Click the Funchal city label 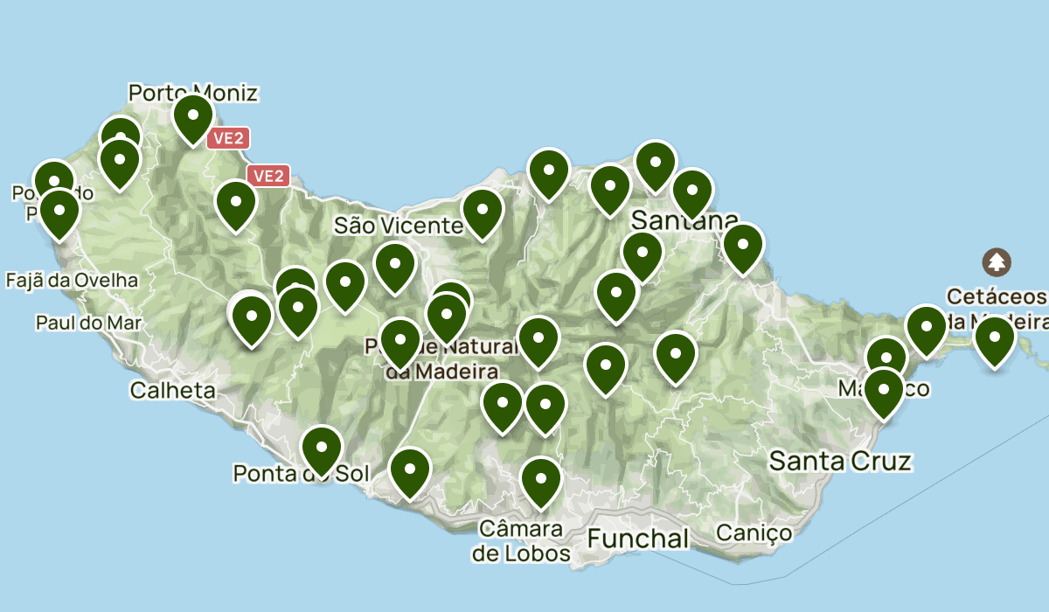(x=637, y=539)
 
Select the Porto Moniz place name (x=193, y=92)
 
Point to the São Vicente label (x=398, y=226)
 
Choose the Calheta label (x=172, y=390)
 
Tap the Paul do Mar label (x=88, y=323)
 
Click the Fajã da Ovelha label (x=72, y=281)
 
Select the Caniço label (x=754, y=532)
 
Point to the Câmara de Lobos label (x=521, y=541)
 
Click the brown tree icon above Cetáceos (x=996, y=261)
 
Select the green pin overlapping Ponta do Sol (x=322, y=449)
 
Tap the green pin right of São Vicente (x=482, y=212)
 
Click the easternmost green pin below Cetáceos (x=994, y=340)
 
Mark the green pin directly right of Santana (x=742, y=247)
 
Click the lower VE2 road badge (x=267, y=176)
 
